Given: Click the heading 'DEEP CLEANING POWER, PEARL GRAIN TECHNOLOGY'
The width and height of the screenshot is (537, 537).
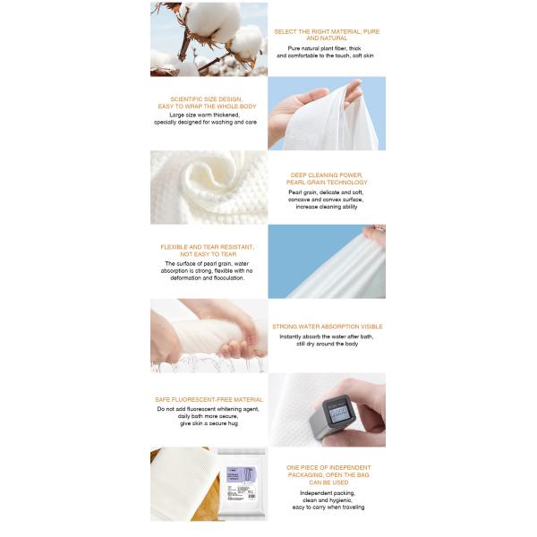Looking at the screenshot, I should [x=327, y=178].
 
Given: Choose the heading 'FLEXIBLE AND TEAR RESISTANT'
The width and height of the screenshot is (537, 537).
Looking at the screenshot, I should [x=208, y=250].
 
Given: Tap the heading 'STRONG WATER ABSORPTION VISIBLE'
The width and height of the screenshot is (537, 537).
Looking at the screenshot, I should [x=327, y=327].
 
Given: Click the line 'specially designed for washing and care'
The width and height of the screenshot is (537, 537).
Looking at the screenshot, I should [x=209, y=122].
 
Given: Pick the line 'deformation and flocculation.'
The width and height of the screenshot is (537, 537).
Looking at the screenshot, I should [x=209, y=277].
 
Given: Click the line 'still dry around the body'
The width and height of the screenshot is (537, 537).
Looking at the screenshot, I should [x=327, y=344].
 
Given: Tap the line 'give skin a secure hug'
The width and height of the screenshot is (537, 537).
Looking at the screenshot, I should [x=209, y=423].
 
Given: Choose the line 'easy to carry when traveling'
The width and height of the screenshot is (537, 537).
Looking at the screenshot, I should [x=327, y=507].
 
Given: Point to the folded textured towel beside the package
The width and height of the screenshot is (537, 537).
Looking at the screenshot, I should [x=179, y=483].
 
